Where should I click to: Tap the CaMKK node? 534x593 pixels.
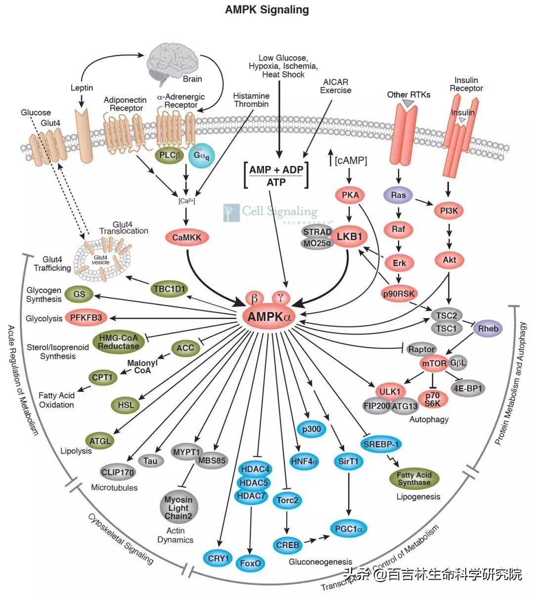[x=187, y=237]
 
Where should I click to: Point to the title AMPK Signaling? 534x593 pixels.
[x=267, y=9]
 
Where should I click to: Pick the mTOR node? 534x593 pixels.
[x=434, y=363]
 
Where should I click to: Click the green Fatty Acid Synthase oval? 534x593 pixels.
[x=414, y=478]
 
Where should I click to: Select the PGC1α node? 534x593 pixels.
[x=348, y=529]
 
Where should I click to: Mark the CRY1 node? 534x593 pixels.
[x=219, y=558]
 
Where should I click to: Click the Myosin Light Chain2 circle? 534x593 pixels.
[x=178, y=508]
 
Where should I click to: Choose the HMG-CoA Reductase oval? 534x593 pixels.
[x=118, y=342]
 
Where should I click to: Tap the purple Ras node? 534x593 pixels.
[x=398, y=195]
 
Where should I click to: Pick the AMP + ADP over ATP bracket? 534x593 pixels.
[x=276, y=175]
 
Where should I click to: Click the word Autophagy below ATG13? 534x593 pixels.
[x=429, y=419]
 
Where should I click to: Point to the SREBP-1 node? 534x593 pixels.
[x=381, y=444]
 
